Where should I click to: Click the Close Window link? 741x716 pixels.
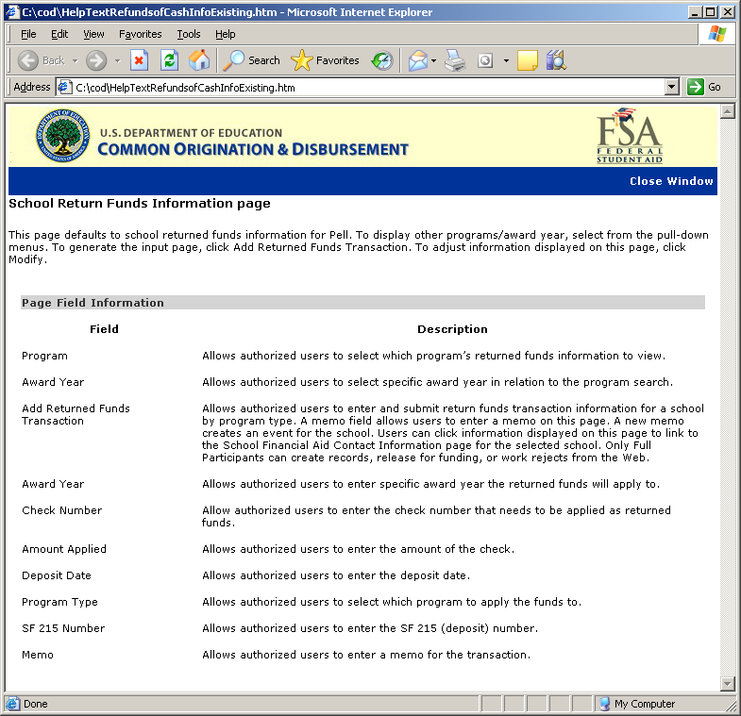(671, 181)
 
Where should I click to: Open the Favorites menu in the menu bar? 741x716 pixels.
(141, 34)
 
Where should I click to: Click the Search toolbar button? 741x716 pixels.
(252, 60)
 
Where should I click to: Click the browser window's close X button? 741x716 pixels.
(727, 12)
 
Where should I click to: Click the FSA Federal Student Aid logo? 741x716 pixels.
(630, 138)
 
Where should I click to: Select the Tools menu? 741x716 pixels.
(189, 34)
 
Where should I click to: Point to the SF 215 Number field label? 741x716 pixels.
(63, 628)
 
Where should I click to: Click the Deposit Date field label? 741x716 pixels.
(57, 575)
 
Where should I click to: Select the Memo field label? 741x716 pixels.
(38, 655)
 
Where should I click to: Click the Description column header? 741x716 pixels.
(452, 329)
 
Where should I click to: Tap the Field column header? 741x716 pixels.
(104, 329)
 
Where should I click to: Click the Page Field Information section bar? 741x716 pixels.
(362, 303)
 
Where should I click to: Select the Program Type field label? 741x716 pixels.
(59, 602)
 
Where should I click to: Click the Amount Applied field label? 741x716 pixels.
(64, 549)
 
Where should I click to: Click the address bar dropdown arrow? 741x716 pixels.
(672, 87)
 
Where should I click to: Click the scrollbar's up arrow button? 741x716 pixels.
(727, 112)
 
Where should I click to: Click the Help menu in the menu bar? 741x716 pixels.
(225, 34)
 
